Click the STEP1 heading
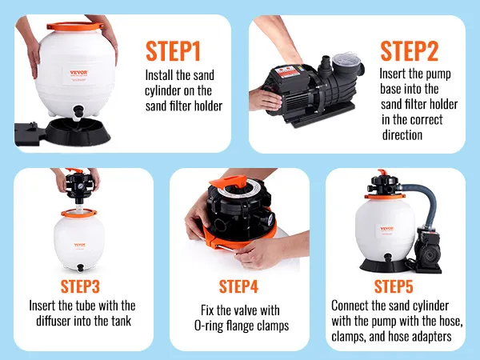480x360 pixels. (173, 51)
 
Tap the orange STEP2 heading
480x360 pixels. (410, 51)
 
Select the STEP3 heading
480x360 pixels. (80, 286)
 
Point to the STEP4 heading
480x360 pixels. (238, 286)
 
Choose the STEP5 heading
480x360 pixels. (394, 286)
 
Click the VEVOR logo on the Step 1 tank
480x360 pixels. (78, 73)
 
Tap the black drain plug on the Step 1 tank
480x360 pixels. (78, 111)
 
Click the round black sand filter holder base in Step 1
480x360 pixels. (78, 130)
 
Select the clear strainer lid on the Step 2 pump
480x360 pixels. (347, 59)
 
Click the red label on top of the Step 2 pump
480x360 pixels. (287, 72)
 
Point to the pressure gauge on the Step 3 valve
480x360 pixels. (81, 186)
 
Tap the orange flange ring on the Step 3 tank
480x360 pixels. (79, 213)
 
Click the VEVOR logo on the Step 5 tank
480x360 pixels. (386, 229)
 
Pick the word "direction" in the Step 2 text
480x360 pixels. (402, 134)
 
